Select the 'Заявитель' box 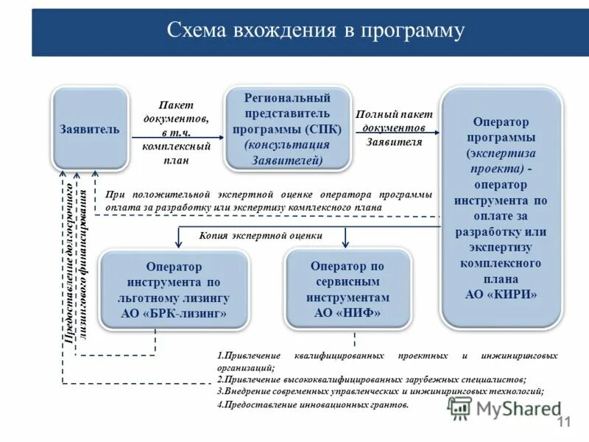click(x=89, y=129)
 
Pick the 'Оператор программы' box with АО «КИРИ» click(x=500, y=206)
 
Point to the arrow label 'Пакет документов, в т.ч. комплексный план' click(x=177, y=133)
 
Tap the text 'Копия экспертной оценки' click(x=271, y=236)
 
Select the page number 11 click(x=565, y=422)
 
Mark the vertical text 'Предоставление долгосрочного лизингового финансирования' click(x=77, y=262)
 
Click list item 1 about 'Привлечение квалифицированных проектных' click(x=387, y=361)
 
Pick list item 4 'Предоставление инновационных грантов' click(x=312, y=404)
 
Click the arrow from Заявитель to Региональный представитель click(x=177, y=138)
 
